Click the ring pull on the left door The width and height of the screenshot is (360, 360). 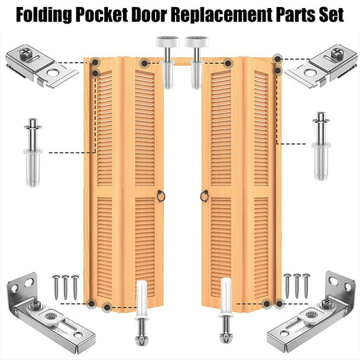point(161,196)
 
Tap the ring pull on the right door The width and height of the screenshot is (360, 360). point(204,196)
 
